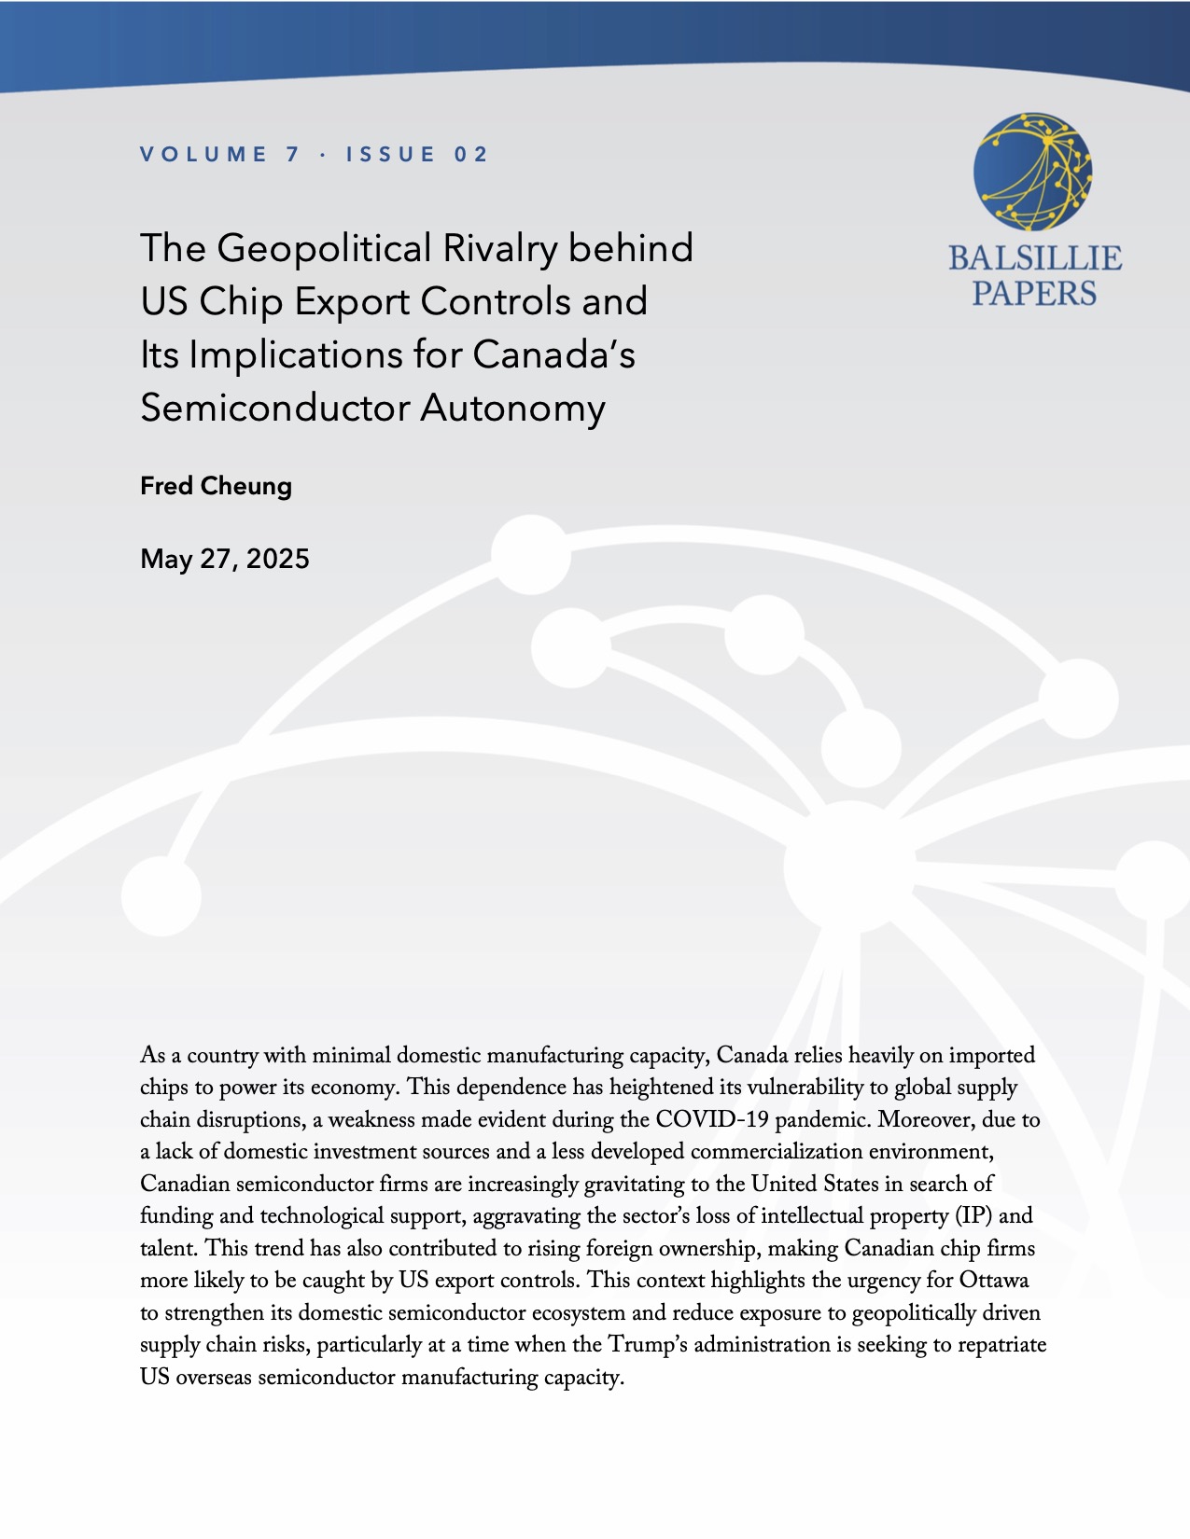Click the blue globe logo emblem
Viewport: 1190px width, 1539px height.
[x=1033, y=172]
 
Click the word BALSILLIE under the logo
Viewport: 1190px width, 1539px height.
[x=1035, y=258]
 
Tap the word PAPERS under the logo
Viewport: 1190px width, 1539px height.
[x=1034, y=294]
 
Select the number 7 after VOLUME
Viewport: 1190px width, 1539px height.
[x=293, y=155]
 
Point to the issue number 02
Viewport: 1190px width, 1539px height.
[x=471, y=155]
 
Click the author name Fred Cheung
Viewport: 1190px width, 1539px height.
[x=216, y=486]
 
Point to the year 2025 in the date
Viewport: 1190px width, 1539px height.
[x=278, y=559]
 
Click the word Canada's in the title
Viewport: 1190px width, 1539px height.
[x=553, y=354]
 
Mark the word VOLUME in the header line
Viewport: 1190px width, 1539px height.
[x=204, y=155]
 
